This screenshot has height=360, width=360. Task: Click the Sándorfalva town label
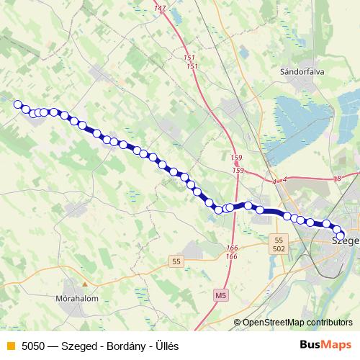pyautogui.click(x=300, y=72)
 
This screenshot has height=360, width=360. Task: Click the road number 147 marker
pyautogui.click(x=160, y=8)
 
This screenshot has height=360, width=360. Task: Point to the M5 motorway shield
pyautogui.click(x=220, y=295)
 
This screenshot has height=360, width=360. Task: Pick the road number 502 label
pyautogui.click(x=279, y=248)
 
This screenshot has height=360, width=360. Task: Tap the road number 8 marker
pyautogui.click(x=338, y=178)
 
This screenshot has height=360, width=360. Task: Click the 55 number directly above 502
pyautogui.click(x=279, y=239)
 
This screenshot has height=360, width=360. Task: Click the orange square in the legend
pyautogui.click(x=10, y=346)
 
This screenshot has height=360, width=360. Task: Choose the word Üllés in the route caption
pyautogui.click(x=166, y=346)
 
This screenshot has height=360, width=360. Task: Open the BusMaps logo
pyautogui.click(x=325, y=345)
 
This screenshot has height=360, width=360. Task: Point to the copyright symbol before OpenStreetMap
pyautogui.click(x=237, y=323)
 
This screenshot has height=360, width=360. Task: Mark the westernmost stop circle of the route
pyautogui.click(x=18, y=104)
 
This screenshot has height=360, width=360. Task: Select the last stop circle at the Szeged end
pyautogui.click(x=341, y=236)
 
